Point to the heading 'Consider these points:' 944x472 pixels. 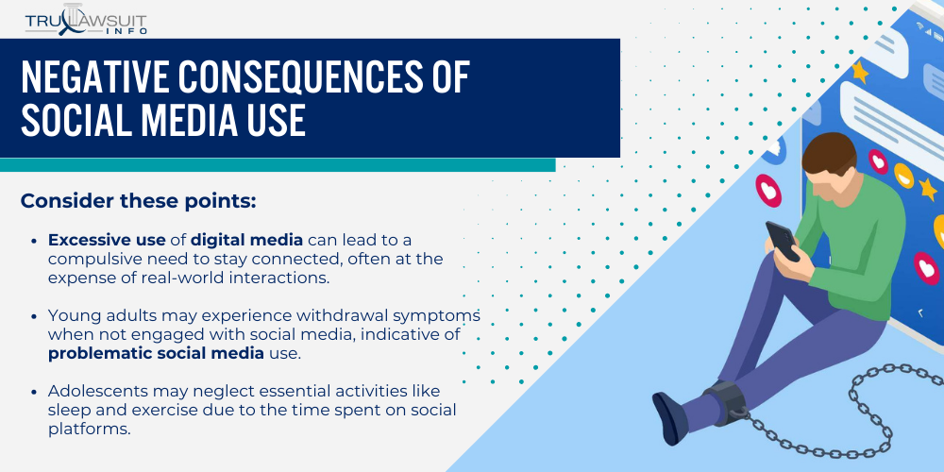138,201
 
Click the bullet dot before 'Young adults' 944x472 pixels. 35,314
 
